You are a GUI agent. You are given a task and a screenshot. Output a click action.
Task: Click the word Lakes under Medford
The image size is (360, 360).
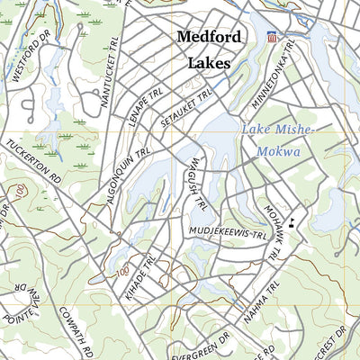point(209,64)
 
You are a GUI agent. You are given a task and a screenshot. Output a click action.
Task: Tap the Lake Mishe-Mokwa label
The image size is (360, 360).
point(276,140)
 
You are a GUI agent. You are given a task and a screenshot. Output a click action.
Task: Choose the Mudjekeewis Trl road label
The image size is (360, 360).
point(229,233)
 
